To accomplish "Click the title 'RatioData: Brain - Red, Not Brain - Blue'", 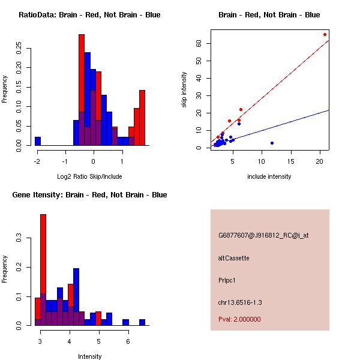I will point(89,15).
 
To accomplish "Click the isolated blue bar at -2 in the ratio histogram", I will point(38,142).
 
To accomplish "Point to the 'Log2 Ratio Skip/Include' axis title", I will point(90,176).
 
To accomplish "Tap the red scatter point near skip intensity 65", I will point(325,34).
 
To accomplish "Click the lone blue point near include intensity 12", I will point(272,143).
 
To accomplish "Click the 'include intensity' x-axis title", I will point(269,176).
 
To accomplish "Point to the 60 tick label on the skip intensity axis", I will point(198,43).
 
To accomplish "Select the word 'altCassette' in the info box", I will point(233,258).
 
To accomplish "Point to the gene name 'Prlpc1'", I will point(227,280).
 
